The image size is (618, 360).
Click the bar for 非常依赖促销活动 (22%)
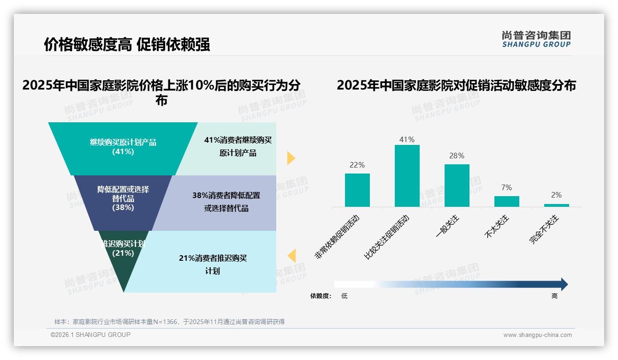click(357, 190)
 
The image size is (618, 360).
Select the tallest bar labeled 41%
click(407, 176)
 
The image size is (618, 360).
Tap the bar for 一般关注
click(457, 186)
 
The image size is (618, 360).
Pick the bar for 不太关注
click(506, 201)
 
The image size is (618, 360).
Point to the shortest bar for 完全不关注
click(556, 205)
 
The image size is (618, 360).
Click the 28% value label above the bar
click(457, 156)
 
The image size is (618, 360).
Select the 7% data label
click(506, 188)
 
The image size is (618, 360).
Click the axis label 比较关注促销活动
click(386, 236)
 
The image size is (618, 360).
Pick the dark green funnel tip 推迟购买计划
click(123, 263)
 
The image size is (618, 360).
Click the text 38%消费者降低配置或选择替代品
click(226, 202)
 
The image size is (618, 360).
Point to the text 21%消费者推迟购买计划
click(213, 264)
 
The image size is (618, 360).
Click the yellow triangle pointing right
click(291, 158)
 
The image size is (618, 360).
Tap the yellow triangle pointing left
click(291, 256)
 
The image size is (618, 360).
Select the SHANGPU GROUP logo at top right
click(536, 39)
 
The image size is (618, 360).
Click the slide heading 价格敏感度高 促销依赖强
click(127, 44)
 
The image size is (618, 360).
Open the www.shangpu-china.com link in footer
click(537, 335)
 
